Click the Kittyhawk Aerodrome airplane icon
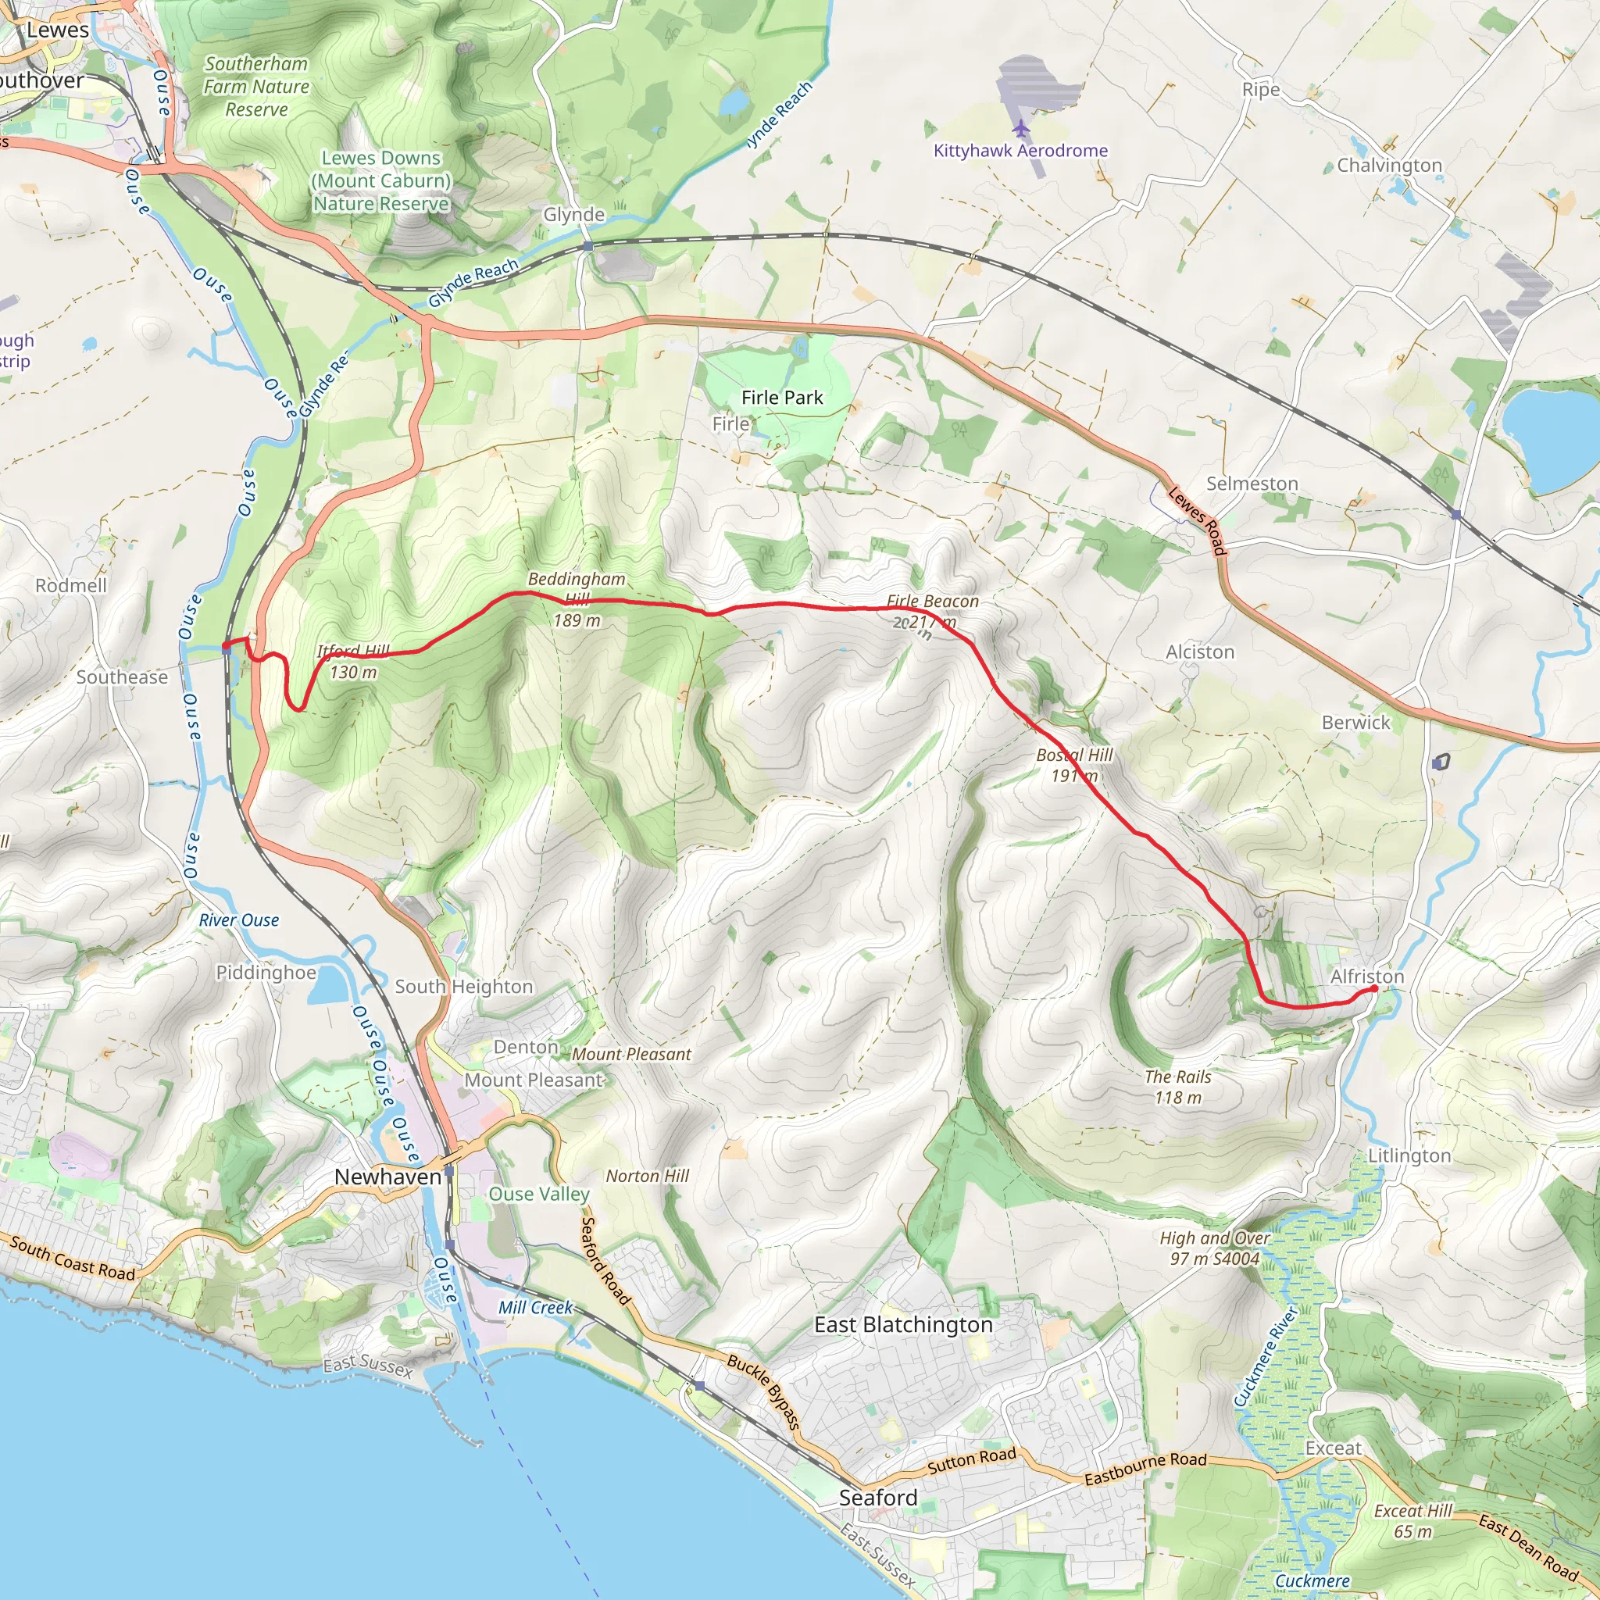coord(1021,129)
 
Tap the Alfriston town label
coord(1366,977)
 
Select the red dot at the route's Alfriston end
coord(1374,988)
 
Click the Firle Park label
coord(782,398)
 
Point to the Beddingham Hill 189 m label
coord(577,599)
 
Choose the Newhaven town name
coord(387,1177)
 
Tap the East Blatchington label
coord(902,1324)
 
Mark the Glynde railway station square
coord(587,246)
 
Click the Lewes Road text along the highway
coord(1197,520)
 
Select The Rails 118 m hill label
coord(1177,1087)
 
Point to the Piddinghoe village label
coord(266,972)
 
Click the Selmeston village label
coord(1252,484)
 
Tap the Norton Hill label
coord(647,1176)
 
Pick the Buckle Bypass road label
coord(764,1391)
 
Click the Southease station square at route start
coord(227,649)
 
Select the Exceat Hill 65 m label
coord(1412,1520)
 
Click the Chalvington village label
coord(1389,166)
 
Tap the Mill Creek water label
coord(535,1307)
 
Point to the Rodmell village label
coord(71,585)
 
